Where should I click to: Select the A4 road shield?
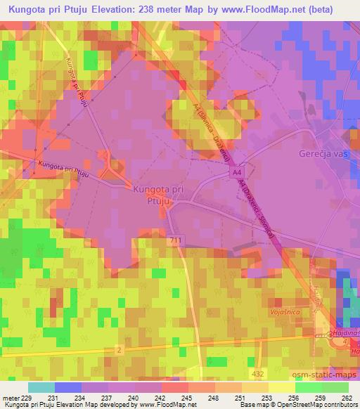coord(238,171)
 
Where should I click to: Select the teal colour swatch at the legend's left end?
coord(41,387)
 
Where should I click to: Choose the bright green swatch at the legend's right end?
coord(335,387)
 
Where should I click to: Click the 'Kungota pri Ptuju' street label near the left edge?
coord(63,167)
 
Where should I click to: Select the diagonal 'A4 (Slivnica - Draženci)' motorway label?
coord(211,131)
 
